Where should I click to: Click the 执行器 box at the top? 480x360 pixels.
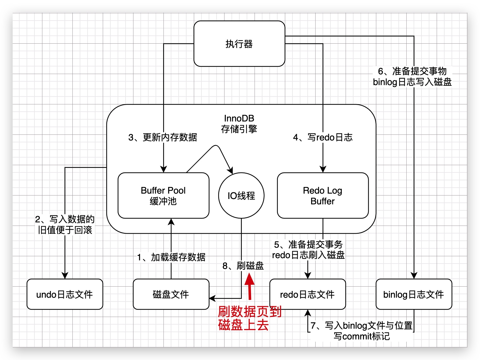239,44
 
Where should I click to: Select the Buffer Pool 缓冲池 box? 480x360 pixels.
163,196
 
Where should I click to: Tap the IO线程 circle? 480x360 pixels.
241,196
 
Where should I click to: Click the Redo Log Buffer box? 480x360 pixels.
323,196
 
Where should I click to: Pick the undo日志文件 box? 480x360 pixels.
65,294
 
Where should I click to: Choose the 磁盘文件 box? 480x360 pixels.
171,294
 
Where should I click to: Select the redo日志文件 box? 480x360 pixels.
307,294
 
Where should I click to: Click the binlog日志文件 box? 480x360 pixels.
414,294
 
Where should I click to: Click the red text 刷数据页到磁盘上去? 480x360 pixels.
249,318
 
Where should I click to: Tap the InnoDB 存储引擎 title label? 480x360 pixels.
239,124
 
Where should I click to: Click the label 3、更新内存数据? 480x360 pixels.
163,137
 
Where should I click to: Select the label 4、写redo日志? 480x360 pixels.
323,137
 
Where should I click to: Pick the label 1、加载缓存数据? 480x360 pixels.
171,257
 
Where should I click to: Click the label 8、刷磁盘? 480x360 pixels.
243,266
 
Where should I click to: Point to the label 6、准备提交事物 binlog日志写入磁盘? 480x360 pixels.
412,77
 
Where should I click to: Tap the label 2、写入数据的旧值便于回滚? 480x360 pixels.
65,225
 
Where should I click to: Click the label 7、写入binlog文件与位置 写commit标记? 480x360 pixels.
361,331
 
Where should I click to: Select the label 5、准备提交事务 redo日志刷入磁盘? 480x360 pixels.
308,250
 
